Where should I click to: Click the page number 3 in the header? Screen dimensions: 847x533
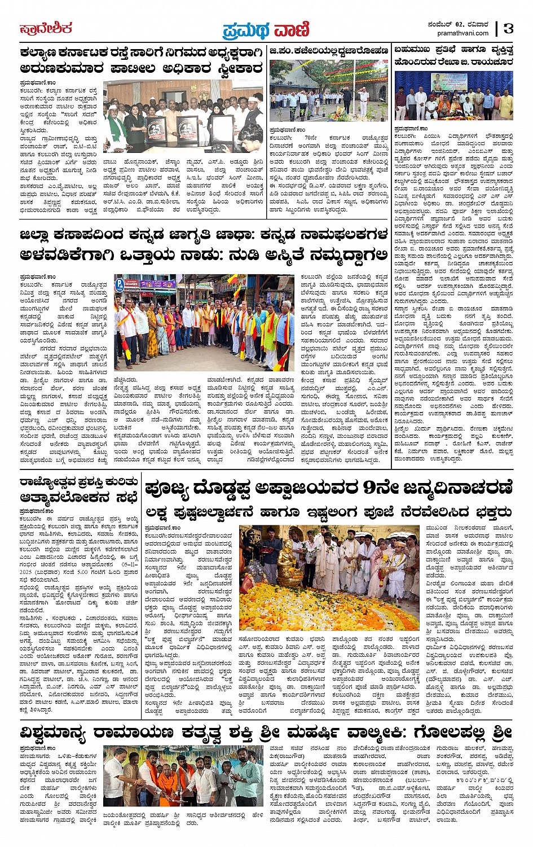pos(508,28)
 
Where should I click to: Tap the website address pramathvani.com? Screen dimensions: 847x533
pos(463,33)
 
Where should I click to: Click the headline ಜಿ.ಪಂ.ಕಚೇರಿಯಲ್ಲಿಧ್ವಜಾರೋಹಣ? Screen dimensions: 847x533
pos(329,51)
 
